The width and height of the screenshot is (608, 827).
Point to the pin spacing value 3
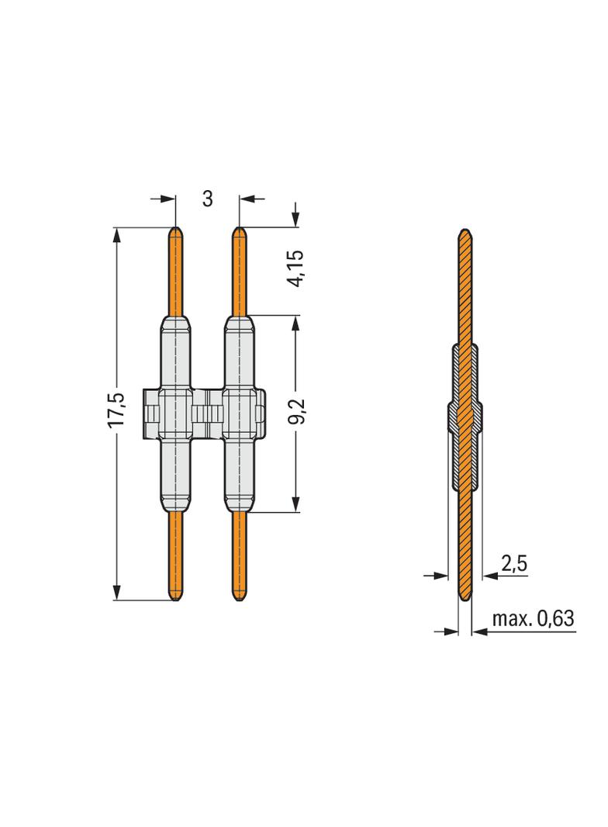point(207,199)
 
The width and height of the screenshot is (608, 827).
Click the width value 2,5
point(513,564)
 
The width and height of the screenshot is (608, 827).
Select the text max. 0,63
point(533,619)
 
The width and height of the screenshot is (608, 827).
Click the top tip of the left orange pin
point(176,230)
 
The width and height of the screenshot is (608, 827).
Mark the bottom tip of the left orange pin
point(176,598)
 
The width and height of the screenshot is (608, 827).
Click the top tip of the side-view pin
point(465,232)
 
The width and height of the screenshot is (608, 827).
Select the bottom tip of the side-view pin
point(465,600)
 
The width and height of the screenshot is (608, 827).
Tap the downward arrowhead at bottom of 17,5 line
point(117,593)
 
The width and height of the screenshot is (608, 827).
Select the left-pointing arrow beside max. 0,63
point(478,631)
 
